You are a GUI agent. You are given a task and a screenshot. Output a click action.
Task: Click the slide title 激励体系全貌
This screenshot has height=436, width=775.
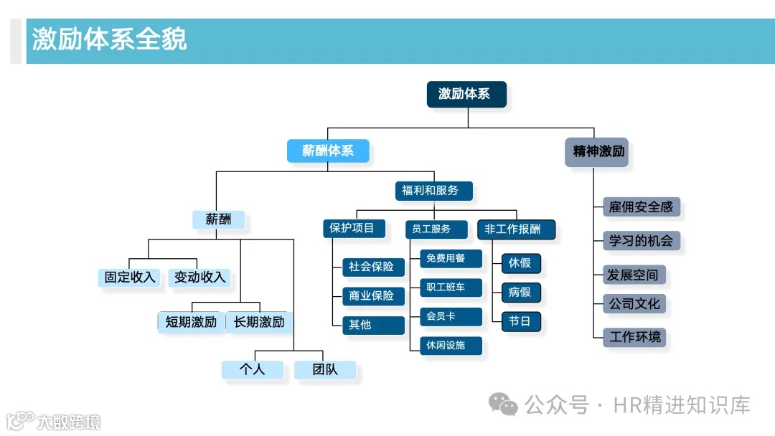pyautogui.click(x=109, y=39)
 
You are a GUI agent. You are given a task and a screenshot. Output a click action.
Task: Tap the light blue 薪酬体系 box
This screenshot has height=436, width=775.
pyautogui.click(x=328, y=151)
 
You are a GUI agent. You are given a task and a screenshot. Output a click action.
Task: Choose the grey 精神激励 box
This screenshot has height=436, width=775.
pyautogui.click(x=596, y=152)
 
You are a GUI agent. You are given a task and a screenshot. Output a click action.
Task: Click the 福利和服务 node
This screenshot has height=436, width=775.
pyautogui.click(x=433, y=191)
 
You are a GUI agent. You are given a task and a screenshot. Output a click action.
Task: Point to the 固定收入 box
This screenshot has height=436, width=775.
pyautogui.click(x=130, y=278)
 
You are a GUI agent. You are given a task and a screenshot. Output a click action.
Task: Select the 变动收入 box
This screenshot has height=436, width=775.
pyautogui.click(x=199, y=278)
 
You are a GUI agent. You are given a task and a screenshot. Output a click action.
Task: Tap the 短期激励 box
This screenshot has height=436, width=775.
pyautogui.click(x=191, y=322)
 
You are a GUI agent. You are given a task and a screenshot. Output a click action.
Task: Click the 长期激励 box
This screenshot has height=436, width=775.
pyautogui.click(x=259, y=322)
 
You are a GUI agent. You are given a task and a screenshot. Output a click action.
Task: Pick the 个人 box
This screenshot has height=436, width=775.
pyautogui.click(x=252, y=369)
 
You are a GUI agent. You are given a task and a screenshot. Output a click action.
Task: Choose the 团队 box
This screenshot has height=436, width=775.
pyautogui.click(x=324, y=369)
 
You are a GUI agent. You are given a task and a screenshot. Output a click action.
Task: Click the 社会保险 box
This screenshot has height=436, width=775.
pyautogui.click(x=372, y=267)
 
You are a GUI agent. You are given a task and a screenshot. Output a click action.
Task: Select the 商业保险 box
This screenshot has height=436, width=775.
pyautogui.click(x=372, y=295)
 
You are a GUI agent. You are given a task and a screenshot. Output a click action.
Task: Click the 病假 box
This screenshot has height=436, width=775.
pyautogui.click(x=520, y=292)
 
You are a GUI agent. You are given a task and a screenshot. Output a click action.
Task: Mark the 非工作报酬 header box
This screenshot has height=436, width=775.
pyautogui.click(x=516, y=229)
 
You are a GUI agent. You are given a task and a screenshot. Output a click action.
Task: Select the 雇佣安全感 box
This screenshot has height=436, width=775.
pyautogui.click(x=641, y=207)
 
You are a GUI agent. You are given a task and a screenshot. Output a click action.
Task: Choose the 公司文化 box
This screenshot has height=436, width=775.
pyautogui.click(x=634, y=303)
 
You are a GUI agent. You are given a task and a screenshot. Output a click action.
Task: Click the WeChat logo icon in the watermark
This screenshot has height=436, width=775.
pyautogui.click(x=503, y=405)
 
